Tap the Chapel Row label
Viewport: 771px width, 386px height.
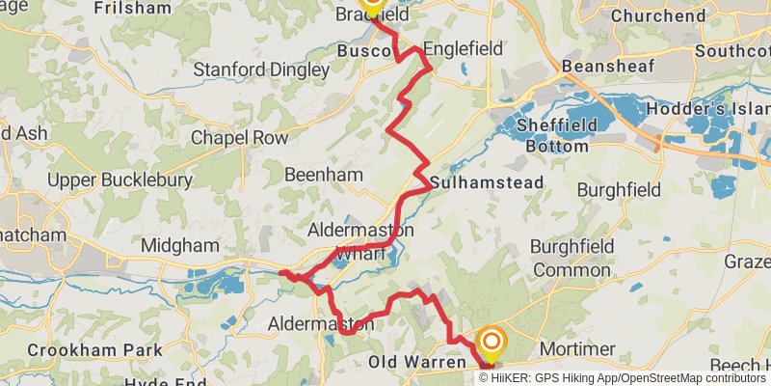tap(239, 138)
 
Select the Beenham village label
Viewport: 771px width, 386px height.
tap(323, 175)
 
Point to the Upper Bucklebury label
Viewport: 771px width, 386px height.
tap(107, 181)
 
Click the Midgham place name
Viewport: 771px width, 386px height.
tap(180, 246)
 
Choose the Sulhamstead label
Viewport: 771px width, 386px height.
tap(488, 182)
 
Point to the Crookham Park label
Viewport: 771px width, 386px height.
tap(81, 349)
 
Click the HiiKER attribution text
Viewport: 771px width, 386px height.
tap(511, 377)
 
